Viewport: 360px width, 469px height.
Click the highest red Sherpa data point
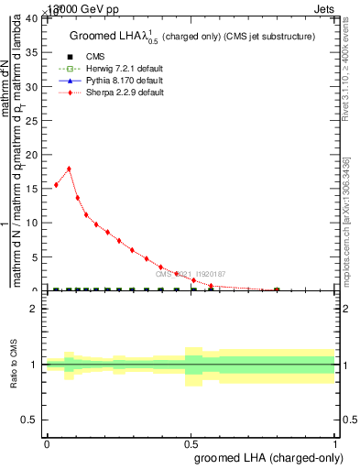[69, 169]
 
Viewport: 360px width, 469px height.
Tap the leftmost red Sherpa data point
[56, 185]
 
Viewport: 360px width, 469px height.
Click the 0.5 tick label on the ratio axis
[30, 420]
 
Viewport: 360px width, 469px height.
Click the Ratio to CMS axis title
[14, 365]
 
